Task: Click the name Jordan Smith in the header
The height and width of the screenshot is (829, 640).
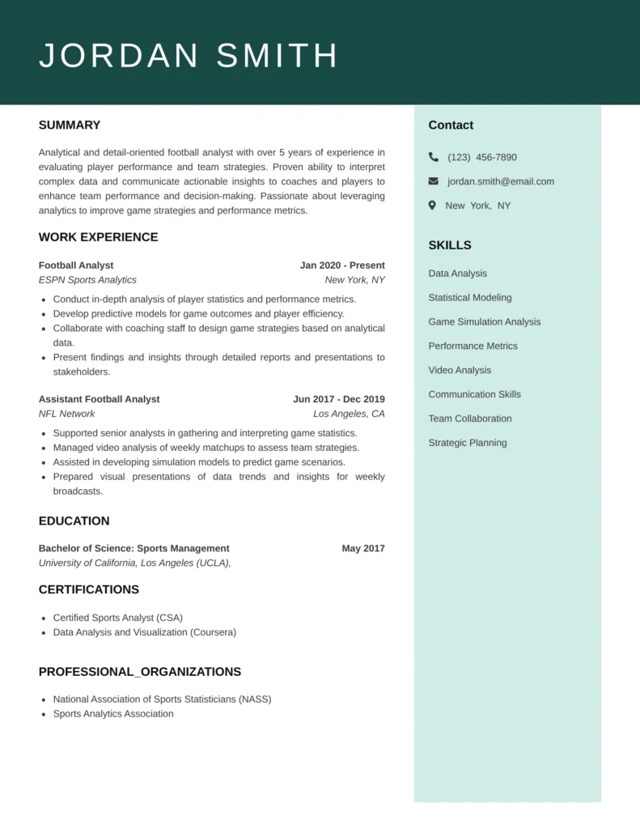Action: (x=189, y=56)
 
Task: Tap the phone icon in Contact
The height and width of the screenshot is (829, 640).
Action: (x=434, y=157)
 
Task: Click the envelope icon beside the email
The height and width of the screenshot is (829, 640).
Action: (x=434, y=181)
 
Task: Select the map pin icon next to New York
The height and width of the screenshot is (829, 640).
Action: (x=433, y=206)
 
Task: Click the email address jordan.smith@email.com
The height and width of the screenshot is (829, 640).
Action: (x=501, y=181)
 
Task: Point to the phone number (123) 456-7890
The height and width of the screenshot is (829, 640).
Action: (x=482, y=157)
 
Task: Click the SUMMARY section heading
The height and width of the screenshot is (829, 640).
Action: (x=70, y=125)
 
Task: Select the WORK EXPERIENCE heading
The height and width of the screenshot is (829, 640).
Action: (x=98, y=237)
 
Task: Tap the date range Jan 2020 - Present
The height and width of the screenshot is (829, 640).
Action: (x=342, y=266)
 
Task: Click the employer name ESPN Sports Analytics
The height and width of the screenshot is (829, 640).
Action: (x=87, y=280)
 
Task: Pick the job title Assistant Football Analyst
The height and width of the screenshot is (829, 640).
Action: (x=99, y=399)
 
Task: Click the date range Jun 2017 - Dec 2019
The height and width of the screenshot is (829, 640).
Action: (x=339, y=399)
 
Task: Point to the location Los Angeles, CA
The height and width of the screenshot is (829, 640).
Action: (x=349, y=414)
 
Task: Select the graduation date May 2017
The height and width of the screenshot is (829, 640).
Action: (x=363, y=548)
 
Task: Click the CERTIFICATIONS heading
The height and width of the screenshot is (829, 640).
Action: (x=89, y=589)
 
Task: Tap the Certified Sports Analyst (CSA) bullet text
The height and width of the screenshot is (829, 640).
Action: (x=118, y=618)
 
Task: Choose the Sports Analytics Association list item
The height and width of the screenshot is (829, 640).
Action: (x=113, y=714)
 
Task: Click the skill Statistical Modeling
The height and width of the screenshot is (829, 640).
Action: (x=470, y=298)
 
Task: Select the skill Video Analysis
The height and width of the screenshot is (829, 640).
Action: (x=460, y=370)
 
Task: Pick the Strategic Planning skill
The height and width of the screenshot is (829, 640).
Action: (x=468, y=443)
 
